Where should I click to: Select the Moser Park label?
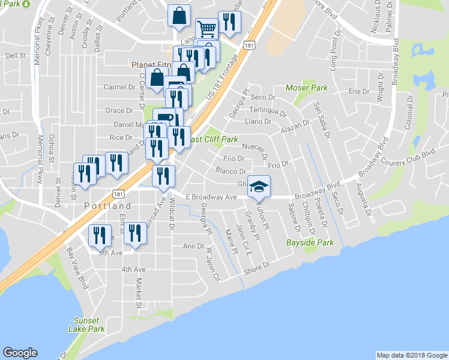point(306,88)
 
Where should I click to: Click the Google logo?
point(20,353)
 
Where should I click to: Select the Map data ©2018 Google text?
point(411,355)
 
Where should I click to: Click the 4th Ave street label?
point(133,269)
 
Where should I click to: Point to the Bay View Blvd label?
point(77,262)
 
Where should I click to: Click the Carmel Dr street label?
point(119,87)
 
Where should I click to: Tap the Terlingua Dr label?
point(268,112)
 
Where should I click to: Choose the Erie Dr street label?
point(358,91)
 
